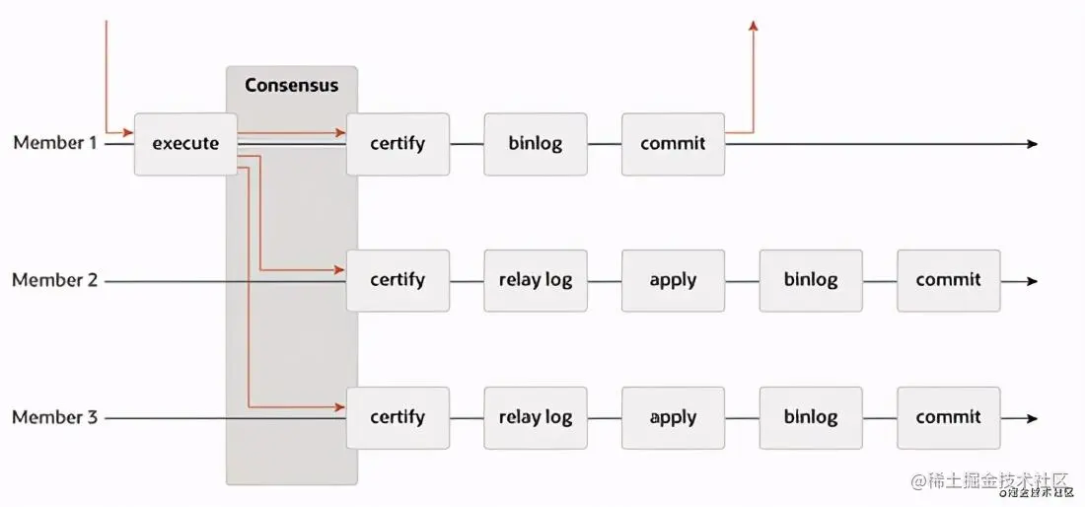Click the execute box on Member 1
coord(185,144)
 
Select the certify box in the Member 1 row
coord(398,144)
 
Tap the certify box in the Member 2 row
coord(398,280)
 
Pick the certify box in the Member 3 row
coord(398,417)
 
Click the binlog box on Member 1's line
coord(536,144)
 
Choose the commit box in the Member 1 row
coord(673,144)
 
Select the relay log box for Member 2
coord(536,280)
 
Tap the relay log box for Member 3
coord(536,417)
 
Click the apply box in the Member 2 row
coord(673,280)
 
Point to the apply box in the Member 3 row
coord(673,417)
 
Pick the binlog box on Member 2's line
coord(811,280)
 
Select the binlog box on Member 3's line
coord(811,417)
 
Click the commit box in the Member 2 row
coord(948,280)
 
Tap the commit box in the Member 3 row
coord(948,417)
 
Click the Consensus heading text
coord(291,85)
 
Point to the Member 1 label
coord(55,143)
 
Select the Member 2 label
coord(55,280)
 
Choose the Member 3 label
coord(55,417)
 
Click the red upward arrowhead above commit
coord(754,26)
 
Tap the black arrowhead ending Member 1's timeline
coord(1032,144)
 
